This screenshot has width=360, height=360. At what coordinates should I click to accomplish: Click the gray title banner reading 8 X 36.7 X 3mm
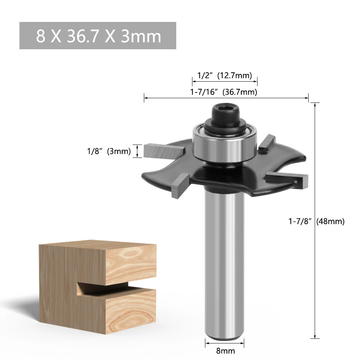[97, 36]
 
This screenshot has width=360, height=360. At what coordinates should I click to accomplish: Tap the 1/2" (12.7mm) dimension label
[224, 75]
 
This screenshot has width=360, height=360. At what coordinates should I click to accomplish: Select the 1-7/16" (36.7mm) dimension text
[224, 92]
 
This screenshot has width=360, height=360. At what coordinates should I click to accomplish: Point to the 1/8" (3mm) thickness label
[109, 151]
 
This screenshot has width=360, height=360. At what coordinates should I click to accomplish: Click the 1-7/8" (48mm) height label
[316, 221]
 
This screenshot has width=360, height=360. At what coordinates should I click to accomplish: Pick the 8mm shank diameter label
[225, 351]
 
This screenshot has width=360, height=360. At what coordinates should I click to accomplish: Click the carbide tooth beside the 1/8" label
[164, 150]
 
